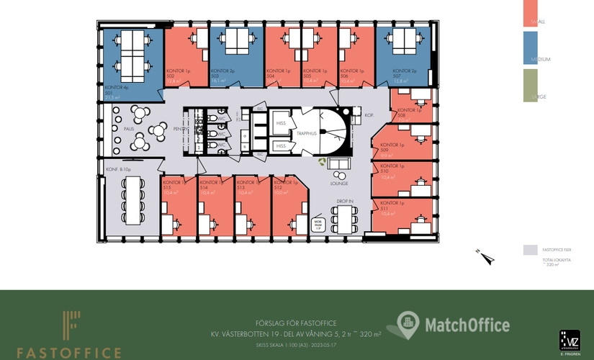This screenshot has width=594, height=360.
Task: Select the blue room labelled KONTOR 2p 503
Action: [x=232, y=61]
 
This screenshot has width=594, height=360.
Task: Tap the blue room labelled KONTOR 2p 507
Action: [x=403, y=61]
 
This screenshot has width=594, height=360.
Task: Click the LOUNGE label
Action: [x=339, y=183]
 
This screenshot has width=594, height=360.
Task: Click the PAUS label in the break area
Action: [x=129, y=129]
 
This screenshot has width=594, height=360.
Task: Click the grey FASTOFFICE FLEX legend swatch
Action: [x=529, y=249]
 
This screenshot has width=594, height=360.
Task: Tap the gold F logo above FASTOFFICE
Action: [x=70, y=325]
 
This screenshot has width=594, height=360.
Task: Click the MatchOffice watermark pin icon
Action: [x=408, y=325]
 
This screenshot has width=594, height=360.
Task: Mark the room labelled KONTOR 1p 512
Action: [x=290, y=205]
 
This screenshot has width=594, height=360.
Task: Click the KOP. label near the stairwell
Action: [x=369, y=115]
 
